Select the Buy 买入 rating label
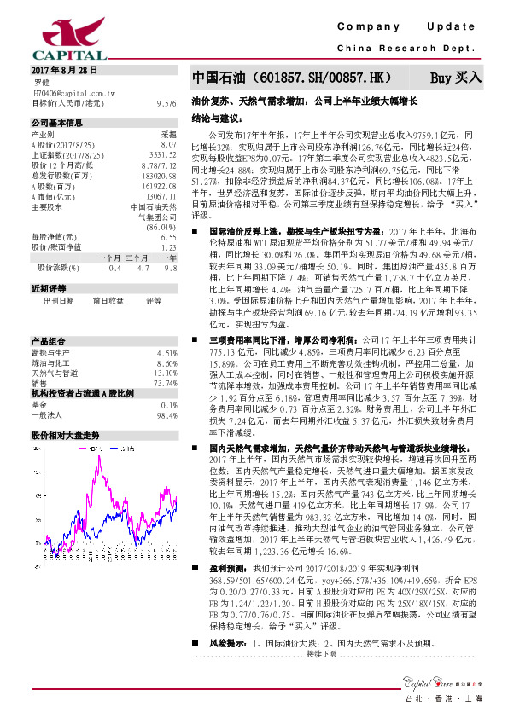(x=456, y=78)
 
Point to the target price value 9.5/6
(x=167, y=102)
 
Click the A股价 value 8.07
(x=169, y=144)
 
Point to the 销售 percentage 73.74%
(x=163, y=359)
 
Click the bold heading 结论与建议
(x=219, y=118)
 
